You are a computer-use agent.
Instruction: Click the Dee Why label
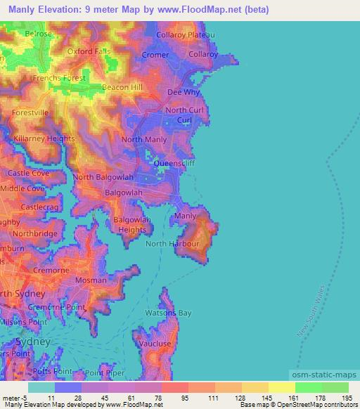184,92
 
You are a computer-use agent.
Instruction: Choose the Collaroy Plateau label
185,34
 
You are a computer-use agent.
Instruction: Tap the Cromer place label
155,55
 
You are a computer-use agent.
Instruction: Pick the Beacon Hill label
122,86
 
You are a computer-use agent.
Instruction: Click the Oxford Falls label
89,51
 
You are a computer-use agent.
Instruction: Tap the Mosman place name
91,280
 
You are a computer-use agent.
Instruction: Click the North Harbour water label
172,244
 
